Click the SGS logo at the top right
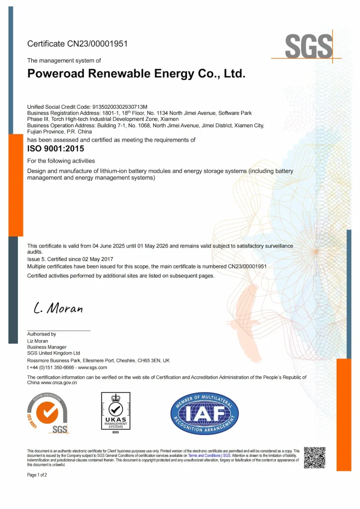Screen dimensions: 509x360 click(x=308, y=48)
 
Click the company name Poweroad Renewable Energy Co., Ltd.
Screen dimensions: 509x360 click(x=136, y=74)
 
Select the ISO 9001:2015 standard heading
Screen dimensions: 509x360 click(x=56, y=148)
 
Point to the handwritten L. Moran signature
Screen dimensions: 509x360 click(x=58, y=309)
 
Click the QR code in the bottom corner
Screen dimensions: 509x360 click(x=314, y=457)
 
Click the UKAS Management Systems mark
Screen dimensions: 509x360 click(x=115, y=413)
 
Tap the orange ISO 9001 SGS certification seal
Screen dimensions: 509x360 click(x=48, y=413)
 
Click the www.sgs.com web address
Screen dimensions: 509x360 click(x=92, y=367)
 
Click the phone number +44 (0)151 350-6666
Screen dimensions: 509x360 click(x=51, y=367)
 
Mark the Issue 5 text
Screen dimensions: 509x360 click(x=36, y=259)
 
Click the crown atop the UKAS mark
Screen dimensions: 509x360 click(x=115, y=398)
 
